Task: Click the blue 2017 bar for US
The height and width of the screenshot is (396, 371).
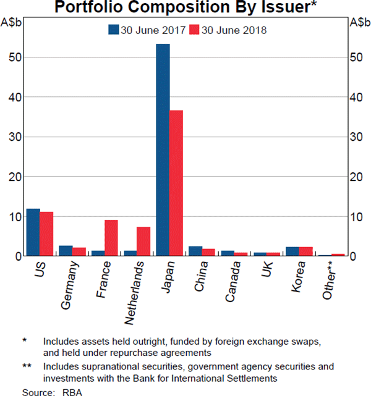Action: click(x=33, y=232)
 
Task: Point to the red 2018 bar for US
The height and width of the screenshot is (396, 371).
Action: click(x=46, y=234)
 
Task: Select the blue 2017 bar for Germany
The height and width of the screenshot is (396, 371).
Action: click(x=66, y=250)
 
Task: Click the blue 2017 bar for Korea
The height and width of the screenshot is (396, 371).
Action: click(x=292, y=251)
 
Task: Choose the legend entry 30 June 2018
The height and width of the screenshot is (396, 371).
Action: click(x=228, y=30)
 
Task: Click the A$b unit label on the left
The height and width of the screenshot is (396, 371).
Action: click(x=12, y=23)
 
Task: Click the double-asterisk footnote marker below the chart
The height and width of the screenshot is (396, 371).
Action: click(x=27, y=366)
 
